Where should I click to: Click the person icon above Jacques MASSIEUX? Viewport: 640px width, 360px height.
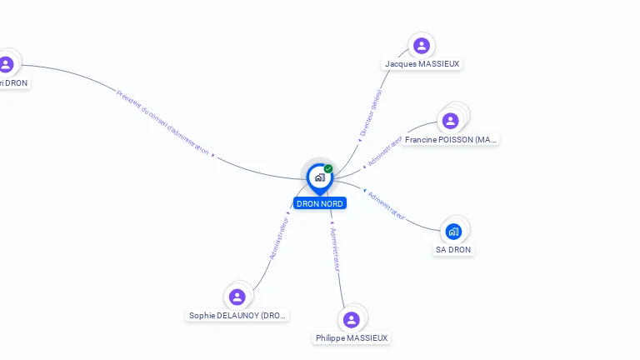coord(421,45)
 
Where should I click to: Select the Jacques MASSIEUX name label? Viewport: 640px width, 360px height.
coord(422,64)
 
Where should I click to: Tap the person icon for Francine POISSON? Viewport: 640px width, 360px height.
coord(451,121)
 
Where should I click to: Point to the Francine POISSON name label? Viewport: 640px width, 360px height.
coord(451,140)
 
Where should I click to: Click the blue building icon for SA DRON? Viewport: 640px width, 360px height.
coord(453,231)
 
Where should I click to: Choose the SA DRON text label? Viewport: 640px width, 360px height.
coord(453,250)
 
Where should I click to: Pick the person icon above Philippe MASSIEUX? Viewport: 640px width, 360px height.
coord(352,319)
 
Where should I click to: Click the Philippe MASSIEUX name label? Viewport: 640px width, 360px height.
coord(352,338)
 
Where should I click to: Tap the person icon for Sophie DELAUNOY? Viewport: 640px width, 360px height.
coord(237,297)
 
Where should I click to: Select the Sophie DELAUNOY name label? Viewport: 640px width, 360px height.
coord(238,316)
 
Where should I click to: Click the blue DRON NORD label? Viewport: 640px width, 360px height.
coord(319,203)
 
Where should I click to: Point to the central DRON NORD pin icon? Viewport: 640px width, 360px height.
coord(319,177)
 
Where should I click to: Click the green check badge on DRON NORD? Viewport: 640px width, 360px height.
coord(328,169)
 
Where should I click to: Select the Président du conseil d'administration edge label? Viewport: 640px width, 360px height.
coord(162,122)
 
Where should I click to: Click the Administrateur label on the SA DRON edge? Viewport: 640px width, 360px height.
coord(387,205)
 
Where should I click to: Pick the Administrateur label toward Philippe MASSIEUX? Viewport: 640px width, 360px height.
coord(335,250)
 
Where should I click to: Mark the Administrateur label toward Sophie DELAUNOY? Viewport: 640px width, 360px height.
coord(278,238)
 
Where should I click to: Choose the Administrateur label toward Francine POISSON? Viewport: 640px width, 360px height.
coord(384,150)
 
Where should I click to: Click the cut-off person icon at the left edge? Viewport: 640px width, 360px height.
coord(6,64)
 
